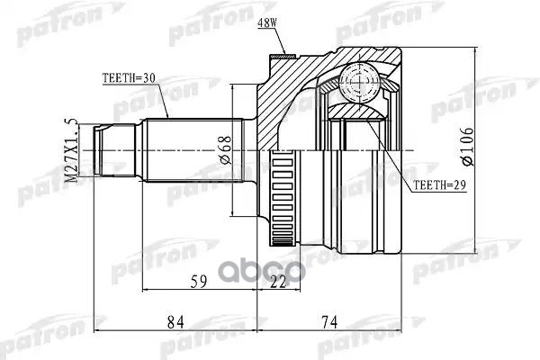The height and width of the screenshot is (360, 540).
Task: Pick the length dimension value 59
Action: (x=200, y=283)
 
